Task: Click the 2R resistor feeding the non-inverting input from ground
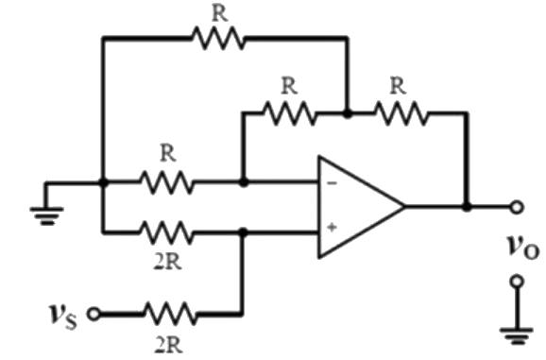click(x=167, y=230)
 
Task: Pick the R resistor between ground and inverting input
click(x=167, y=181)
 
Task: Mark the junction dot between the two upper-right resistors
click(x=348, y=112)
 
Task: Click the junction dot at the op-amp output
click(x=466, y=205)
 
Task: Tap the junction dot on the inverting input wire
click(x=243, y=181)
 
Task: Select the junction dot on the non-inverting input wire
click(x=243, y=230)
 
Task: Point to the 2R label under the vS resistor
click(x=169, y=343)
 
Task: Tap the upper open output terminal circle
click(x=516, y=205)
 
